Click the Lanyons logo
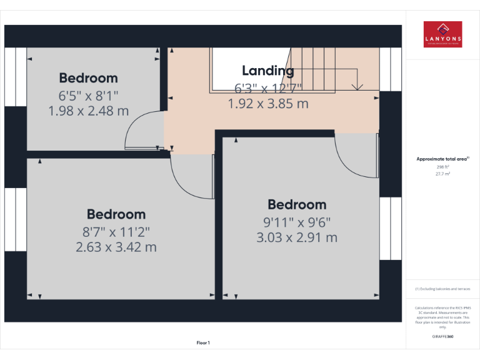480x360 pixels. (x=442, y=34)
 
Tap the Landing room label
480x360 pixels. (x=267, y=71)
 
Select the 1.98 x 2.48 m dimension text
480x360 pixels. (x=88, y=111)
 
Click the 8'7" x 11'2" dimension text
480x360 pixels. (x=116, y=232)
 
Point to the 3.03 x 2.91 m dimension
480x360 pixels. (x=297, y=237)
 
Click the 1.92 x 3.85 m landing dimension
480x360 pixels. (x=268, y=104)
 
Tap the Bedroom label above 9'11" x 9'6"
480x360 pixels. (x=297, y=204)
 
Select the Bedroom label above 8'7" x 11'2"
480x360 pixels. (x=116, y=214)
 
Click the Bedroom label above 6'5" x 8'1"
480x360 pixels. (x=88, y=78)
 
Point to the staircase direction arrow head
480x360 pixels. (x=357, y=86)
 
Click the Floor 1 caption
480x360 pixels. (x=203, y=342)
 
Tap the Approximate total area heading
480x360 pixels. (x=442, y=159)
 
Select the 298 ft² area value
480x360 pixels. (x=442, y=167)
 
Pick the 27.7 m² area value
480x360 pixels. (x=442, y=174)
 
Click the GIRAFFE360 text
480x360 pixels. (x=442, y=337)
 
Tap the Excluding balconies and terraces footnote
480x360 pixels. (x=442, y=289)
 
